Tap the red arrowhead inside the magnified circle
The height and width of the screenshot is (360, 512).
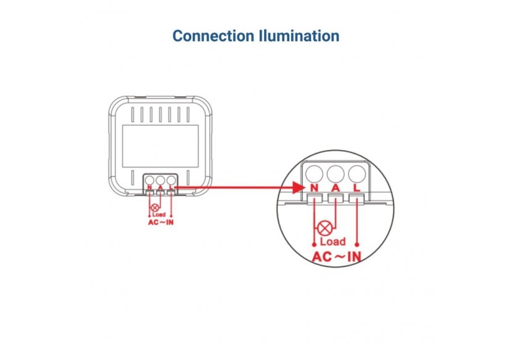[302, 186]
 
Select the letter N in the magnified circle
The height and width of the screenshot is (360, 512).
[314, 187]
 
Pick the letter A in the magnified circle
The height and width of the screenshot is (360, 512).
[335, 187]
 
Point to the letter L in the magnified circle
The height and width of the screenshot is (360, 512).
[356, 187]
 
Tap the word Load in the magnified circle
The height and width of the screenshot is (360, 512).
[333, 242]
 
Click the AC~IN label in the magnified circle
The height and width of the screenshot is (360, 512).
[337, 256]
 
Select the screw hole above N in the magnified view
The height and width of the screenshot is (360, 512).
[314, 172]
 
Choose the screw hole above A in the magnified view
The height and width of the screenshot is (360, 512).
[335, 172]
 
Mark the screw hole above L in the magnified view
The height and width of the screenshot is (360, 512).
[356, 172]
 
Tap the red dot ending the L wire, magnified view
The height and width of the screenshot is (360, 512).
[357, 245]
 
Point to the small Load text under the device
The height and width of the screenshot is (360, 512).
[159, 215]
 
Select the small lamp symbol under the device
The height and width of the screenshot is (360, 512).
[154, 208]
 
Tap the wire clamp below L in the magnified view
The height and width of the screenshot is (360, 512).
[356, 198]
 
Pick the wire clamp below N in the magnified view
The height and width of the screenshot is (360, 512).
[315, 198]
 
